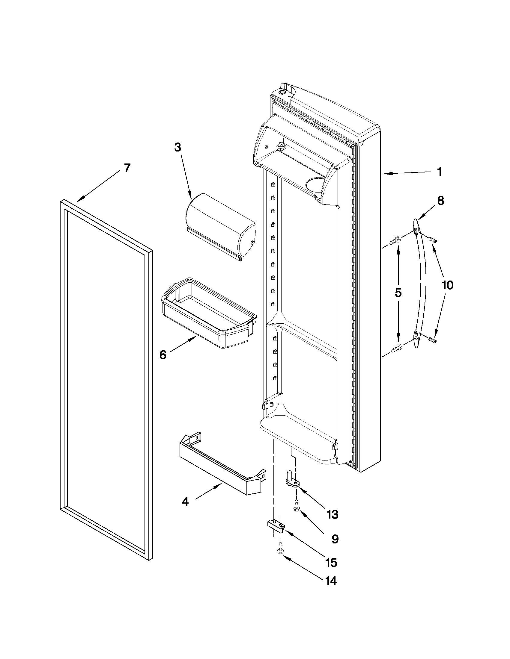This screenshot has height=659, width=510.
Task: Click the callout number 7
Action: point(127,168)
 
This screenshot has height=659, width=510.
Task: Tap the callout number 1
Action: point(439,172)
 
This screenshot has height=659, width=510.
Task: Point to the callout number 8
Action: point(440,201)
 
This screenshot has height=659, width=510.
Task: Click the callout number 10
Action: point(447,285)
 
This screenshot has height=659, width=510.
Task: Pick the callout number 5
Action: point(398,293)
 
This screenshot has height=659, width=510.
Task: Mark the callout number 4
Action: point(185,502)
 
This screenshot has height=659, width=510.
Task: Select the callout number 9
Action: point(335,539)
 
